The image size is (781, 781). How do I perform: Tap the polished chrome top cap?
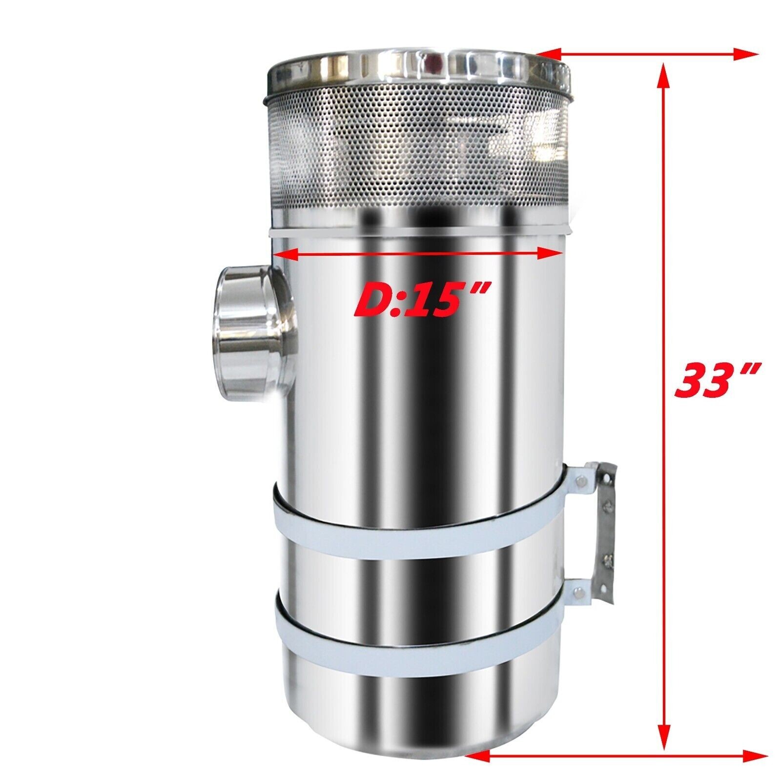tap(417, 71)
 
